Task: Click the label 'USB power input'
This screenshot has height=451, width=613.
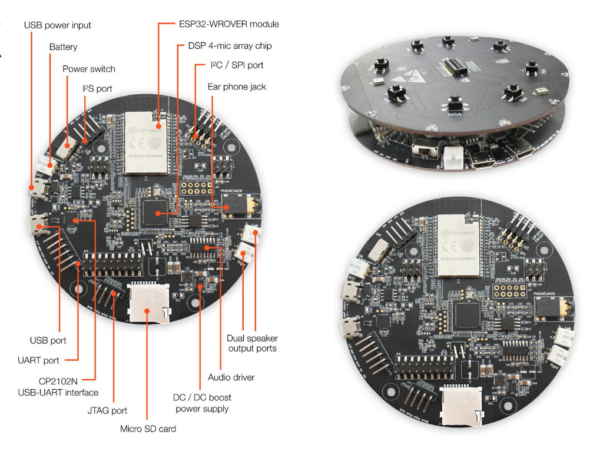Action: coord(57,25)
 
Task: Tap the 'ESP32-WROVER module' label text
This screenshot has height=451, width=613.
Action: coord(228,24)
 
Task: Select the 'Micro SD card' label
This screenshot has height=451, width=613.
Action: coord(148,428)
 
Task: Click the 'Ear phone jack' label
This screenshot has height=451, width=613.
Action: coord(236,87)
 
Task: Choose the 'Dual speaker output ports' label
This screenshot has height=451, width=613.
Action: coord(252,343)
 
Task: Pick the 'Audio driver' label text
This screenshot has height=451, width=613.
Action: coord(231,377)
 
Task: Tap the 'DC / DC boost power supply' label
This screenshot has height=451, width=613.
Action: coord(201,403)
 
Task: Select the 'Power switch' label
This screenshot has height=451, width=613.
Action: coord(89,69)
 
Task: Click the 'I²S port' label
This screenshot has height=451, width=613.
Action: coord(98,89)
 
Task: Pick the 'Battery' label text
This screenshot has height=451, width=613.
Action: coord(63,47)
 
